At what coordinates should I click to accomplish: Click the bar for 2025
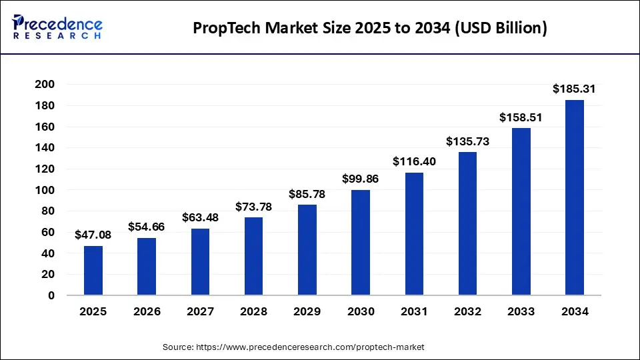(93, 271)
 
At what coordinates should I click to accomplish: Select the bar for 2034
(575, 198)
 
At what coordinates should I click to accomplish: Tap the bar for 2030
(361, 243)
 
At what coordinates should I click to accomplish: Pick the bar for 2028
(254, 256)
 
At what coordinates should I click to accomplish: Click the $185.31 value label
(574, 89)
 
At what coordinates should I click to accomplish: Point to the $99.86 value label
(361, 179)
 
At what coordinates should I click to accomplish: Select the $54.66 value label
(147, 227)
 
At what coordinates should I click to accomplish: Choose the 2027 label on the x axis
(200, 311)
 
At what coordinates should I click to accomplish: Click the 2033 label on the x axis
(521, 311)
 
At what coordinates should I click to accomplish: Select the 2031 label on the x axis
(414, 311)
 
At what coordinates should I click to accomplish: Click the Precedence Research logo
(57, 27)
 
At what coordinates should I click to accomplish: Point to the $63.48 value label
(200, 217)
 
